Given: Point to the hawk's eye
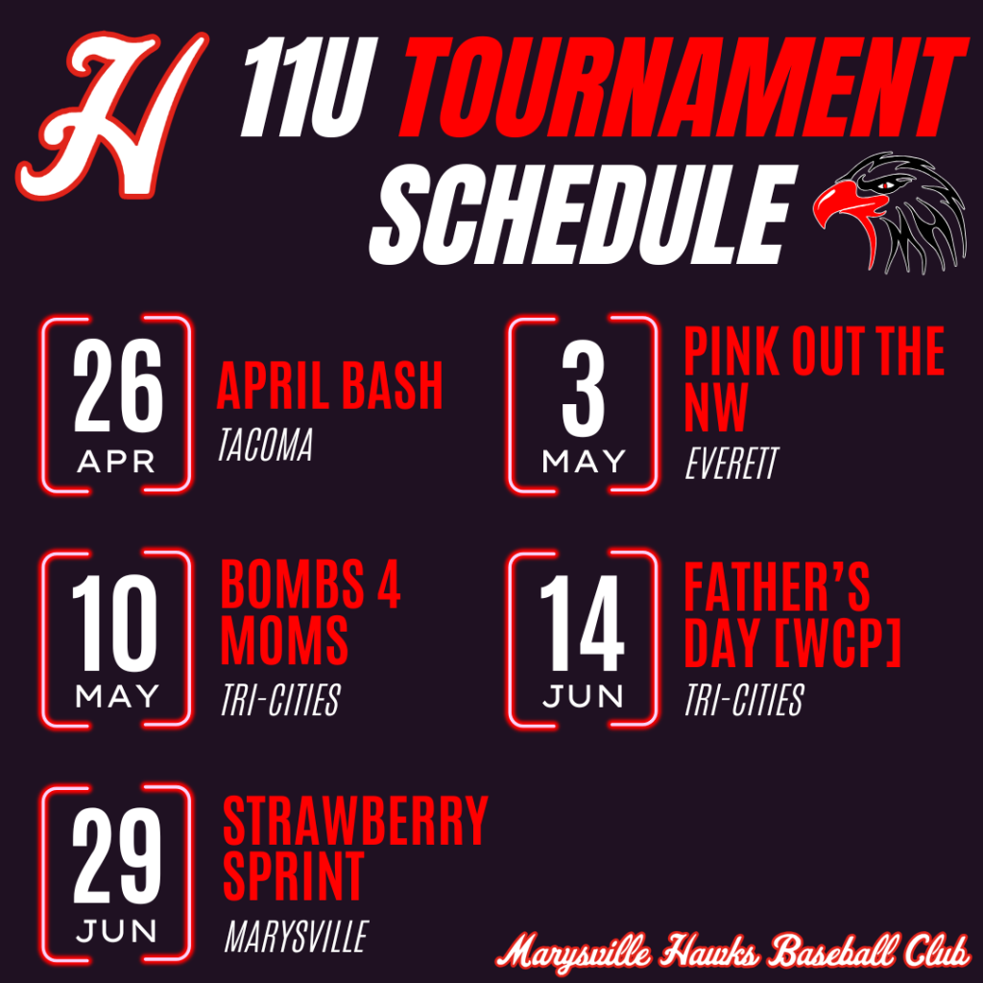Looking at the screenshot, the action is click(x=884, y=185).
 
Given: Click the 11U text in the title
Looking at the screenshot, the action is click(x=309, y=86).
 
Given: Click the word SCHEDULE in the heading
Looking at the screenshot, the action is click(x=580, y=214).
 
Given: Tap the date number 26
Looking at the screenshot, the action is click(x=117, y=386).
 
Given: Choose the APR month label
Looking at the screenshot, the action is click(x=116, y=462).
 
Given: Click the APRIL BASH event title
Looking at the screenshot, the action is click(x=330, y=386).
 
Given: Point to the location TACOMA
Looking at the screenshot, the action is click(x=265, y=445).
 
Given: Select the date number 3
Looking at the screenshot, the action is click(x=583, y=389).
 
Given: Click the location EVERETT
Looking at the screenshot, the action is click(x=731, y=464).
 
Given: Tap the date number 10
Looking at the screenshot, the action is click(x=115, y=622).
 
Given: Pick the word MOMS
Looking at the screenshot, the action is click(x=284, y=639).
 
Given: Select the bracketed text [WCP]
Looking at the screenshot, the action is click(x=838, y=642).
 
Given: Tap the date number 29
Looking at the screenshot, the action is click(x=116, y=855).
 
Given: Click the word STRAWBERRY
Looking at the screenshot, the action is click(x=355, y=820).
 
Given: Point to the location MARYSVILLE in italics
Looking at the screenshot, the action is click(x=297, y=937).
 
